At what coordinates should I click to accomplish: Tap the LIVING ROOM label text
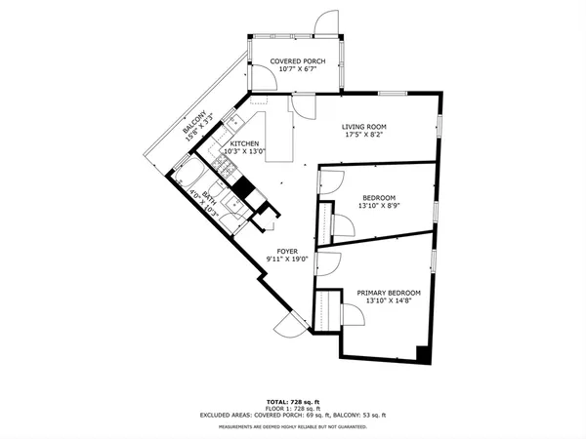(365, 127)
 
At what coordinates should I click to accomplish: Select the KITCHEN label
(243, 143)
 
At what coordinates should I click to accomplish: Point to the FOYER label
(287, 251)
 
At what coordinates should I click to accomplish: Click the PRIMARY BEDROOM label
(388, 293)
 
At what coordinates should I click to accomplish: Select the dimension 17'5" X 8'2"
(365, 137)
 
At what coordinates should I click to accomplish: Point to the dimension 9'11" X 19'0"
(287, 259)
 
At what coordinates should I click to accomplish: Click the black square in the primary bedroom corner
(422, 353)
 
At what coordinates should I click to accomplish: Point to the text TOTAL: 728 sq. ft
(293, 401)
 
